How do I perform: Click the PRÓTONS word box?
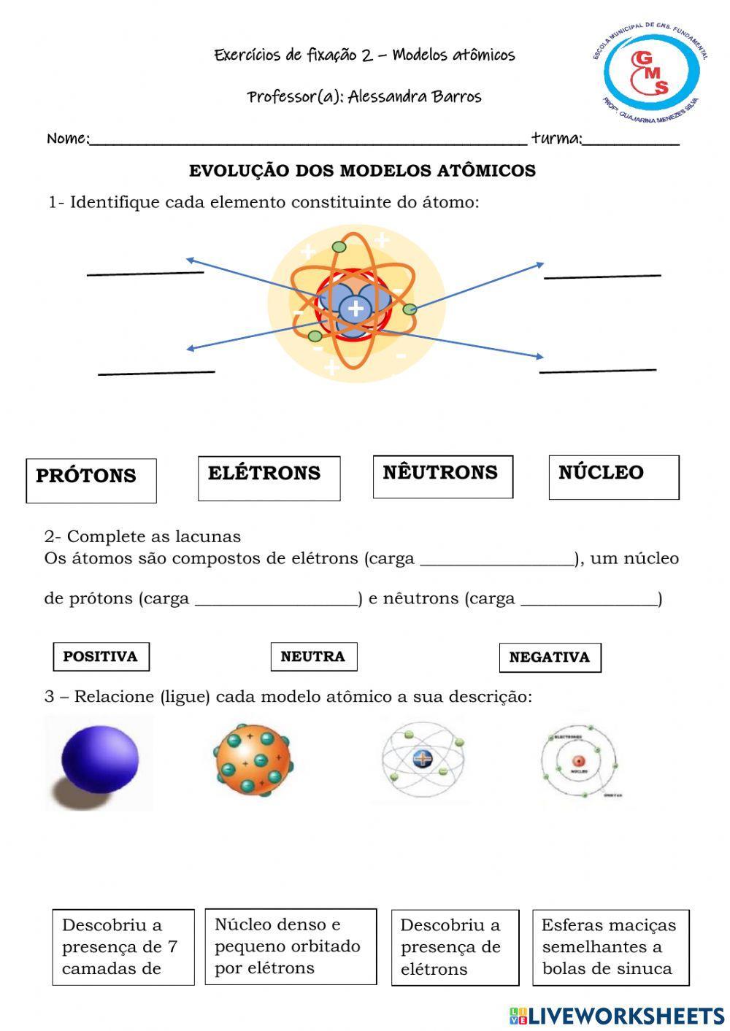91,480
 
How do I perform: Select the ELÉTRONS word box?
269,478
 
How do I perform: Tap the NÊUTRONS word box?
442,476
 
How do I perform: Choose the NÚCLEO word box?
613,477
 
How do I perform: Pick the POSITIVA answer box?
101,656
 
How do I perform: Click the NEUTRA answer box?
313,656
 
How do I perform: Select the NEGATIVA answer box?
550,657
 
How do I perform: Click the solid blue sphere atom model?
99,761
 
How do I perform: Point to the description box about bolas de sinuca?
610,947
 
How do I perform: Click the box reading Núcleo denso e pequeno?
291,946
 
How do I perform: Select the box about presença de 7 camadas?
123,947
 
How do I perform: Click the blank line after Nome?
307,140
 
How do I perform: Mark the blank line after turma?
631,140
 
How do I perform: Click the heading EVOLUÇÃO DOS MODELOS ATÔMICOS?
362,171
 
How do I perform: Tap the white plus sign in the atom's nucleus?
356,309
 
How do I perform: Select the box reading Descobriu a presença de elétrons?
454,947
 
